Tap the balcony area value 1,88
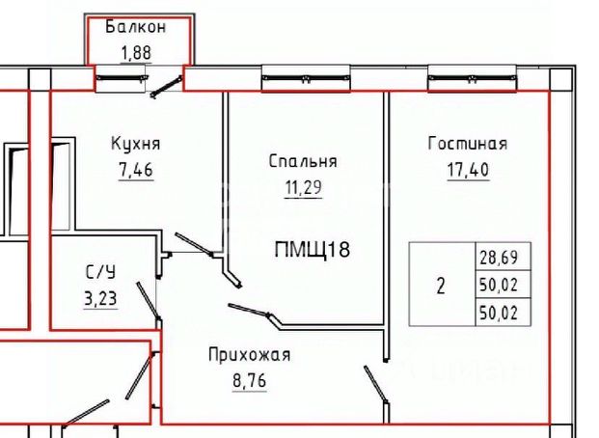[x=135, y=52]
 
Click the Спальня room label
[x=302, y=161]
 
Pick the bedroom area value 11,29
[x=302, y=188]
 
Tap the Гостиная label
[x=467, y=145]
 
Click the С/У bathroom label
[x=99, y=273]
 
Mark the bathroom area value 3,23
[x=99, y=298]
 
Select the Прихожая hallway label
[x=249, y=355]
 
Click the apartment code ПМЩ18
[x=312, y=251]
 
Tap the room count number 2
[x=441, y=286]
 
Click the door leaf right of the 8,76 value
[x=375, y=383]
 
